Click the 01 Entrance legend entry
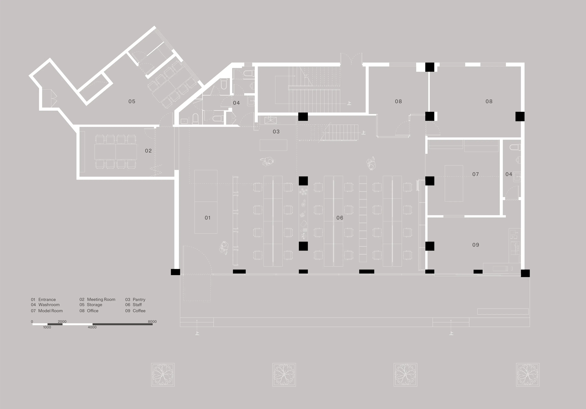[43, 299]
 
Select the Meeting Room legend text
[101, 299]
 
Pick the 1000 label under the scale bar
[47, 327]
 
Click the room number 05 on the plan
[132, 101]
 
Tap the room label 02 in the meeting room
[148, 151]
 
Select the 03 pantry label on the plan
[276, 131]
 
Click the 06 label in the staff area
[340, 218]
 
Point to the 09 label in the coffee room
[476, 245]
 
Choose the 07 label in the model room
[476, 174]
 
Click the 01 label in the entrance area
[208, 218]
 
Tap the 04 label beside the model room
[509, 174]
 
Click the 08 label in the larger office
[489, 101]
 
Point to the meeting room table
[116, 152]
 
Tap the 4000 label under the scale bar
[92, 327]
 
